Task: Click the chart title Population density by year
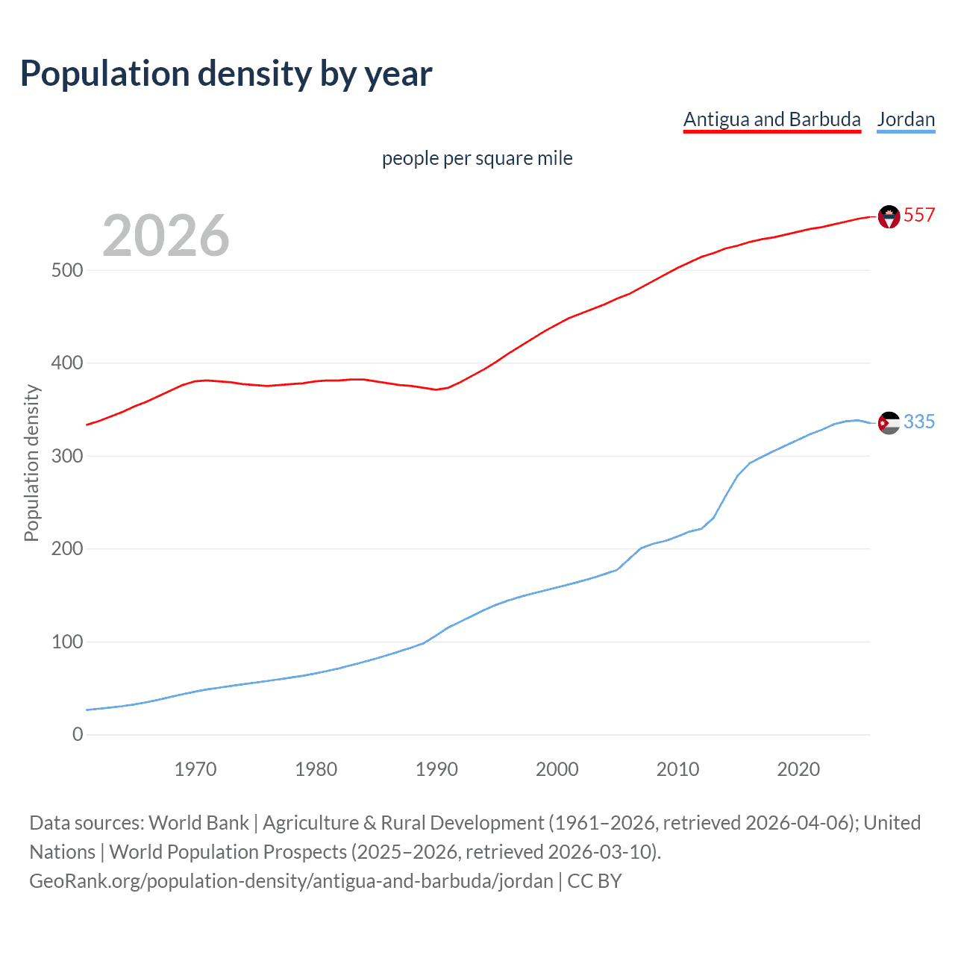pyautogui.click(x=226, y=74)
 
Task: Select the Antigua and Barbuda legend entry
pyautogui.click(x=771, y=119)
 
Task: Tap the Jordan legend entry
pyautogui.click(x=906, y=119)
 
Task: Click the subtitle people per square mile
pyautogui.click(x=477, y=158)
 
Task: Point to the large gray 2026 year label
pyautogui.click(x=166, y=236)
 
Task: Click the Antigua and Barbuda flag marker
pyautogui.click(x=889, y=216)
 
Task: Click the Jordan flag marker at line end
pyautogui.click(x=889, y=423)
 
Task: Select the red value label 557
pyautogui.click(x=919, y=215)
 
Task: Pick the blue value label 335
pyautogui.click(x=919, y=422)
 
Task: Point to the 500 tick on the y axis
pyautogui.click(x=67, y=270)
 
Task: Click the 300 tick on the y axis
pyautogui.click(x=67, y=456)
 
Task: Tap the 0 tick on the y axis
pyautogui.click(x=78, y=734)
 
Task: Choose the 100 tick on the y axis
pyautogui.click(x=67, y=642)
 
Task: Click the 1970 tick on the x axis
pyautogui.click(x=195, y=769)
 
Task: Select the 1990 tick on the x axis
pyautogui.click(x=436, y=769)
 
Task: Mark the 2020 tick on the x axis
pyautogui.click(x=798, y=769)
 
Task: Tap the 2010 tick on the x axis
pyautogui.click(x=677, y=769)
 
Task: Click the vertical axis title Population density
pyautogui.click(x=31, y=463)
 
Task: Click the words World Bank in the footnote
pyautogui.click(x=198, y=823)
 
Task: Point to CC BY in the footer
pyautogui.click(x=595, y=881)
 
